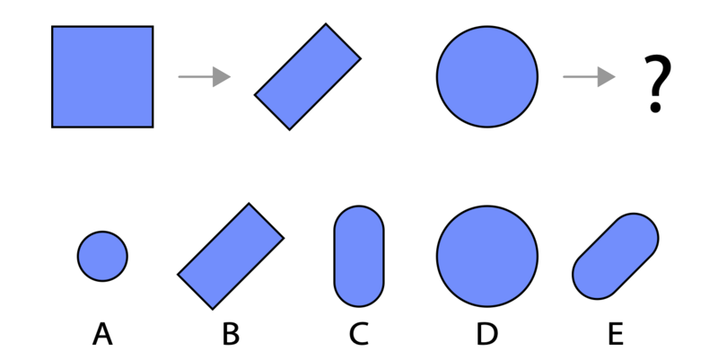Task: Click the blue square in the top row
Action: point(102,76)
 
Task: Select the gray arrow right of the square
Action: point(205,76)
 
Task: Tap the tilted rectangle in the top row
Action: point(308,76)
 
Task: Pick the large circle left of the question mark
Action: point(487,76)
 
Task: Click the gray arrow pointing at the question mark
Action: point(589,76)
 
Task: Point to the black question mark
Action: point(658,83)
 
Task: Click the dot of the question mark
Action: point(656,108)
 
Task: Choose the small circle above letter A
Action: point(102,256)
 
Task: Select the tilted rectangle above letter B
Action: point(231,256)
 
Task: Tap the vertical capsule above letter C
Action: point(359,256)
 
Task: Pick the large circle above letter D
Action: point(487,256)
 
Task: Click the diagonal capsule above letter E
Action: point(616,256)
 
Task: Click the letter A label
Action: point(102,333)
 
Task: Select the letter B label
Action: point(231,333)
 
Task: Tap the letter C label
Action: point(359,333)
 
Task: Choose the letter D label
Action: point(487,333)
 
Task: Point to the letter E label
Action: point(616,333)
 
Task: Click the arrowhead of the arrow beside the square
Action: point(222,76)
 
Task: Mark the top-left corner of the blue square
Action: point(52,27)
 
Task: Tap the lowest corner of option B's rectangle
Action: point(213,310)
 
